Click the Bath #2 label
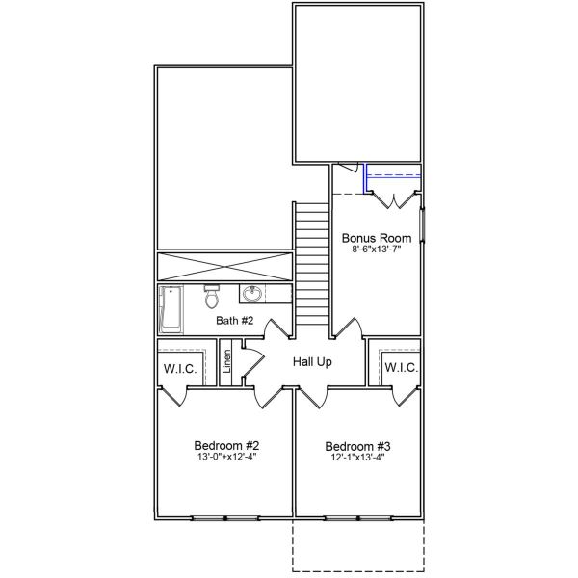tap(234, 320)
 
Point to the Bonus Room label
tap(377, 238)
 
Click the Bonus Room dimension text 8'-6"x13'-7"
tap(377, 250)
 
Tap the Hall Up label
tap(312, 362)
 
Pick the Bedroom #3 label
tap(357, 446)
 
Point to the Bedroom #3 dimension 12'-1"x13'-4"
tap(357, 458)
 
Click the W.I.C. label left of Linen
tap(179, 368)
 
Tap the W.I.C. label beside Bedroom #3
tap(401, 368)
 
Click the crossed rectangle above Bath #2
tap(223, 267)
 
